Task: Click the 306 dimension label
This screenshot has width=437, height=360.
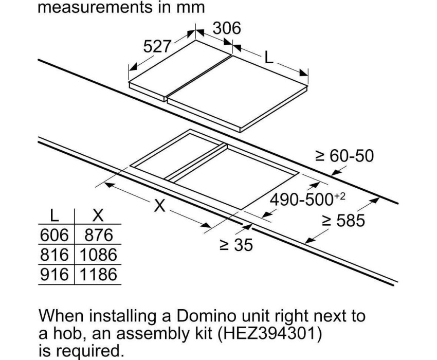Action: pos(227,28)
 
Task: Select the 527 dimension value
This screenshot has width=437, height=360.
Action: pos(157,46)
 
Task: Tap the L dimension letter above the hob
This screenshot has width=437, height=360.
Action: pos(268,58)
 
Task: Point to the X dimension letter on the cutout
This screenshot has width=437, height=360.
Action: pos(160,206)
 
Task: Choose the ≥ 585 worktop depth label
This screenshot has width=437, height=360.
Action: pos(343,220)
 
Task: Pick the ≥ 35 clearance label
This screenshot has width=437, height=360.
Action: pos(236,245)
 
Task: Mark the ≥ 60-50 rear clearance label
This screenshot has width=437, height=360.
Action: pos(344,156)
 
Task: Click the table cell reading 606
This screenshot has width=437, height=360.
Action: pos(54,235)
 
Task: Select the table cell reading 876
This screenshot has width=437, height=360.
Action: pos(99,235)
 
